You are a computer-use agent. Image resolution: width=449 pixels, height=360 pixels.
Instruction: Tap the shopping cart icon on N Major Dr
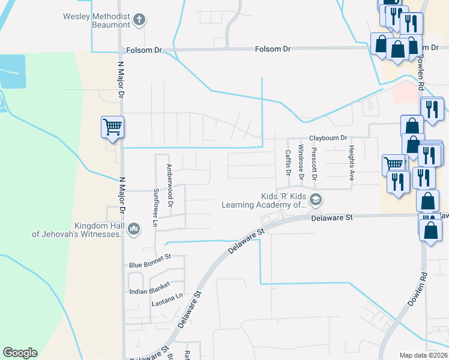pos(112,127)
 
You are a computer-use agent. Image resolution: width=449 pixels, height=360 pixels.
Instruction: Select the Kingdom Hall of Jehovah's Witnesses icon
pos(133,229)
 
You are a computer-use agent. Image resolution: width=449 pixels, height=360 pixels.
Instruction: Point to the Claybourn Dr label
pos(328,137)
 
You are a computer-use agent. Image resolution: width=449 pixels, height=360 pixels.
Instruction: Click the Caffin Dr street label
pos(288,163)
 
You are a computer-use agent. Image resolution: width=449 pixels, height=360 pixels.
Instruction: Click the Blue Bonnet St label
pos(150,265)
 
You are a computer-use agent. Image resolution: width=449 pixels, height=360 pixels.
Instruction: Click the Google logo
pos(20,353)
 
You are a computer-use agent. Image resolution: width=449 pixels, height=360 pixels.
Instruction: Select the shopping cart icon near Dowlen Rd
pos(393,163)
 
